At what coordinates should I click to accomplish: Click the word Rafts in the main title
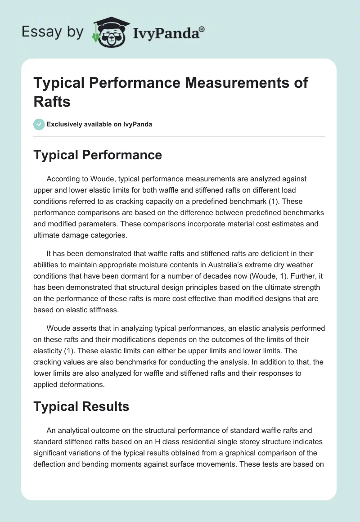52,101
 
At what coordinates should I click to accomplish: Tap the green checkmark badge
39,124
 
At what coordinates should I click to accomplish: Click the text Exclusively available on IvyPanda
99,124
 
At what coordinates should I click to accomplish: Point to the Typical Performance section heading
98,155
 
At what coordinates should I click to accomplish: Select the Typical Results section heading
81,406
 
